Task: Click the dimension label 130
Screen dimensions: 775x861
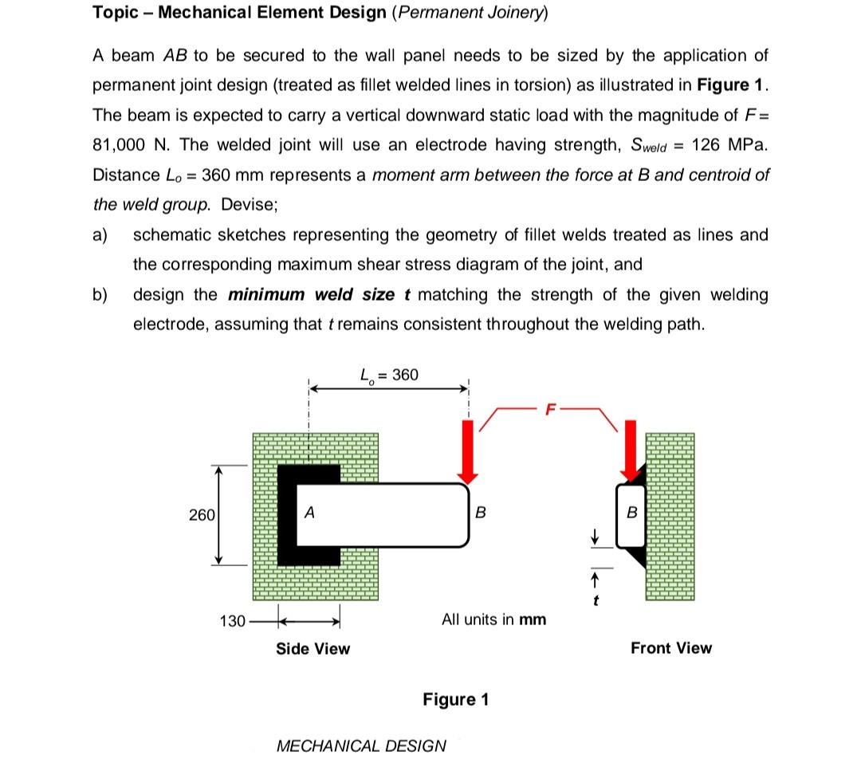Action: coord(231,620)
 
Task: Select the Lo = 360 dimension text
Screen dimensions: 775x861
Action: coord(389,374)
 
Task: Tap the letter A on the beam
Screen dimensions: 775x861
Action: coord(309,513)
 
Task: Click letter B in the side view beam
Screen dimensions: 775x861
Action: coord(480,513)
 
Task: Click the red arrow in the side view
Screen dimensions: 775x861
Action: coord(470,450)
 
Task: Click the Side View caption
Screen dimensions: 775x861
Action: coord(313,648)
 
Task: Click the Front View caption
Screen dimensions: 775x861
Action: coord(670,648)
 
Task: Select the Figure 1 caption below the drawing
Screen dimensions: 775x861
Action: coord(455,699)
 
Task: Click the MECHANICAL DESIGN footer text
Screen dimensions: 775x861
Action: coord(360,745)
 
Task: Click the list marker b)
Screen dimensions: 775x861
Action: coord(101,295)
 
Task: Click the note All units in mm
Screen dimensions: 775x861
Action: coord(493,620)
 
